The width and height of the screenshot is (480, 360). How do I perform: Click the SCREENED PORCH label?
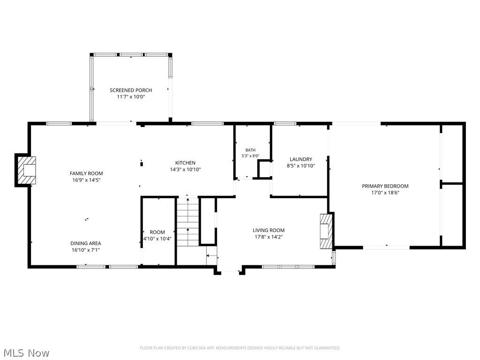tap(131, 90)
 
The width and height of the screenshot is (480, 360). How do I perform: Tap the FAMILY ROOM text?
tap(86, 173)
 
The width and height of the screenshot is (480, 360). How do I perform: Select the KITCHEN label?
tap(185, 163)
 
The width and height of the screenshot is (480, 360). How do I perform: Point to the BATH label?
tap(250, 150)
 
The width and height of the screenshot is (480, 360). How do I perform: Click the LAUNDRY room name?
tap(301, 159)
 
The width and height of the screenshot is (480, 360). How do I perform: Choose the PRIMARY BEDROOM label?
tap(385, 186)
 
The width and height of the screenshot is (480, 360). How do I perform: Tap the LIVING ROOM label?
tap(269, 230)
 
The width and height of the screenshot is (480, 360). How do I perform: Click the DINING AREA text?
tap(86, 243)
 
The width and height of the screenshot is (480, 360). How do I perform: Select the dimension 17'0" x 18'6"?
tap(385, 193)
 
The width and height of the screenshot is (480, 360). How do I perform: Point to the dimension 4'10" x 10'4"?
tap(157, 239)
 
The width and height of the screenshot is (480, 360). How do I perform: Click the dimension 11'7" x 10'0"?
tap(131, 97)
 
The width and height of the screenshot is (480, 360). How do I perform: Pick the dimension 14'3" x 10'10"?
tap(185, 170)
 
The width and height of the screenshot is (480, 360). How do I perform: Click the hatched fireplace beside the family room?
tap(27, 170)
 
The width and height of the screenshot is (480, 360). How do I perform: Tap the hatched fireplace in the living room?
tap(326, 231)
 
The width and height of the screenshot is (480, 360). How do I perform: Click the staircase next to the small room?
tap(187, 222)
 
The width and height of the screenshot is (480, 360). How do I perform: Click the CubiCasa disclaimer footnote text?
tap(240, 348)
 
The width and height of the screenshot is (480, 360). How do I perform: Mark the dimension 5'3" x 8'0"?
tap(250, 156)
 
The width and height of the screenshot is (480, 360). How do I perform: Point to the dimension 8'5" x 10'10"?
tap(301, 166)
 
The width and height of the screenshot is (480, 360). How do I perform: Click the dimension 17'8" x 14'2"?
tap(269, 237)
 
